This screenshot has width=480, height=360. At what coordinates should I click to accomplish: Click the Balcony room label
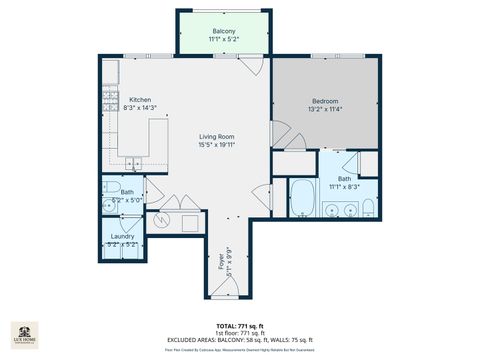(x=224, y=31)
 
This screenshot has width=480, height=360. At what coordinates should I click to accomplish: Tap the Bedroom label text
(x=324, y=101)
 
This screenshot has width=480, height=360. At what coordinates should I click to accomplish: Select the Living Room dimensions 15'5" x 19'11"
(x=216, y=145)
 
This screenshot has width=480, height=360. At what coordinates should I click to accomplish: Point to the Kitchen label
(x=139, y=99)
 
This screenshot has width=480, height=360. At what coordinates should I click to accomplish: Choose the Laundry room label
(x=122, y=236)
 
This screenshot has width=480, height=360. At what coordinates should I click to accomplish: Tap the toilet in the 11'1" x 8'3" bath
(x=368, y=208)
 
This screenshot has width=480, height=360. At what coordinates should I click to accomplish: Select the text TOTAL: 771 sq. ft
(x=240, y=326)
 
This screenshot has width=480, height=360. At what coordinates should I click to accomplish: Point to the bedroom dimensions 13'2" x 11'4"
(x=324, y=109)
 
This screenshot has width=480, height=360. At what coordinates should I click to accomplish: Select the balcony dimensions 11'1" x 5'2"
(x=224, y=39)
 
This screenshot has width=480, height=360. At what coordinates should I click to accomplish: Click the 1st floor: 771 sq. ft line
(x=240, y=332)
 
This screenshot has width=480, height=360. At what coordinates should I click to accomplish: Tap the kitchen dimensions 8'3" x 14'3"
(x=139, y=107)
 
